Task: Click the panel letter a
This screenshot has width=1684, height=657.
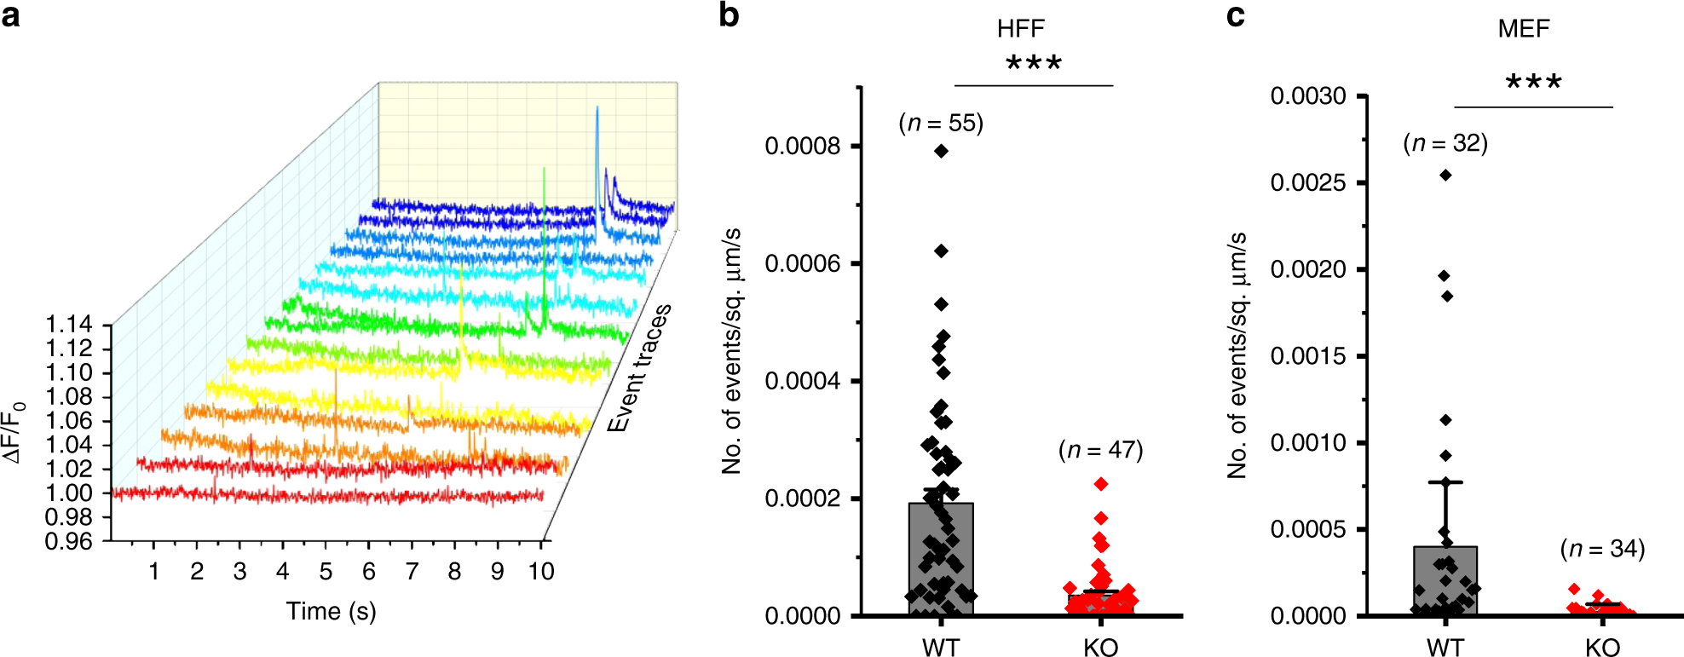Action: tap(11, 15)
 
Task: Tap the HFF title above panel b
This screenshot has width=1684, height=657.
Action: tap(1020, 29)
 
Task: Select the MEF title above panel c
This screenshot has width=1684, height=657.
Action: tap(1523, 29)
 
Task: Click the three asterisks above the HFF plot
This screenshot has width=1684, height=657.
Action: tap(1033, 64)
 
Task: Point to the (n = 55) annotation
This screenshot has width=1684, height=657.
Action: tap(941, 124)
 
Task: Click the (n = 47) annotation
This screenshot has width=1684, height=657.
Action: tap(1100, 450)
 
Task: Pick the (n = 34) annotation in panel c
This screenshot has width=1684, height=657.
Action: tap(1602, 549)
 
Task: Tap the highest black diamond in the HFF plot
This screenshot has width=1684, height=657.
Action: tap(941, 152)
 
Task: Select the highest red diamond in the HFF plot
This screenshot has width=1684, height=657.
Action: tap(1101, 484)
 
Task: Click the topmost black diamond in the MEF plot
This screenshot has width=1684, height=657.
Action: tap(1445, 176)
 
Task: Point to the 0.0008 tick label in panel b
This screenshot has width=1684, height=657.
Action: tap(802, 147)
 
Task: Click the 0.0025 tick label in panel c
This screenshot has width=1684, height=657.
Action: tap(1307, 183)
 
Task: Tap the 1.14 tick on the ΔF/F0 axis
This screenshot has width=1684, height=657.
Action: tap(68, 325)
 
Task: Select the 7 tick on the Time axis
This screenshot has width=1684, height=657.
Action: tap(412, 571)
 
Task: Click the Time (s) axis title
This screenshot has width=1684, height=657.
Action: tap(331, 611)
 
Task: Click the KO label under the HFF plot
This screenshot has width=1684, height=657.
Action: tap(1100, 648)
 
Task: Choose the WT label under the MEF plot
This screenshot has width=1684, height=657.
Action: tap(1445, 648)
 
